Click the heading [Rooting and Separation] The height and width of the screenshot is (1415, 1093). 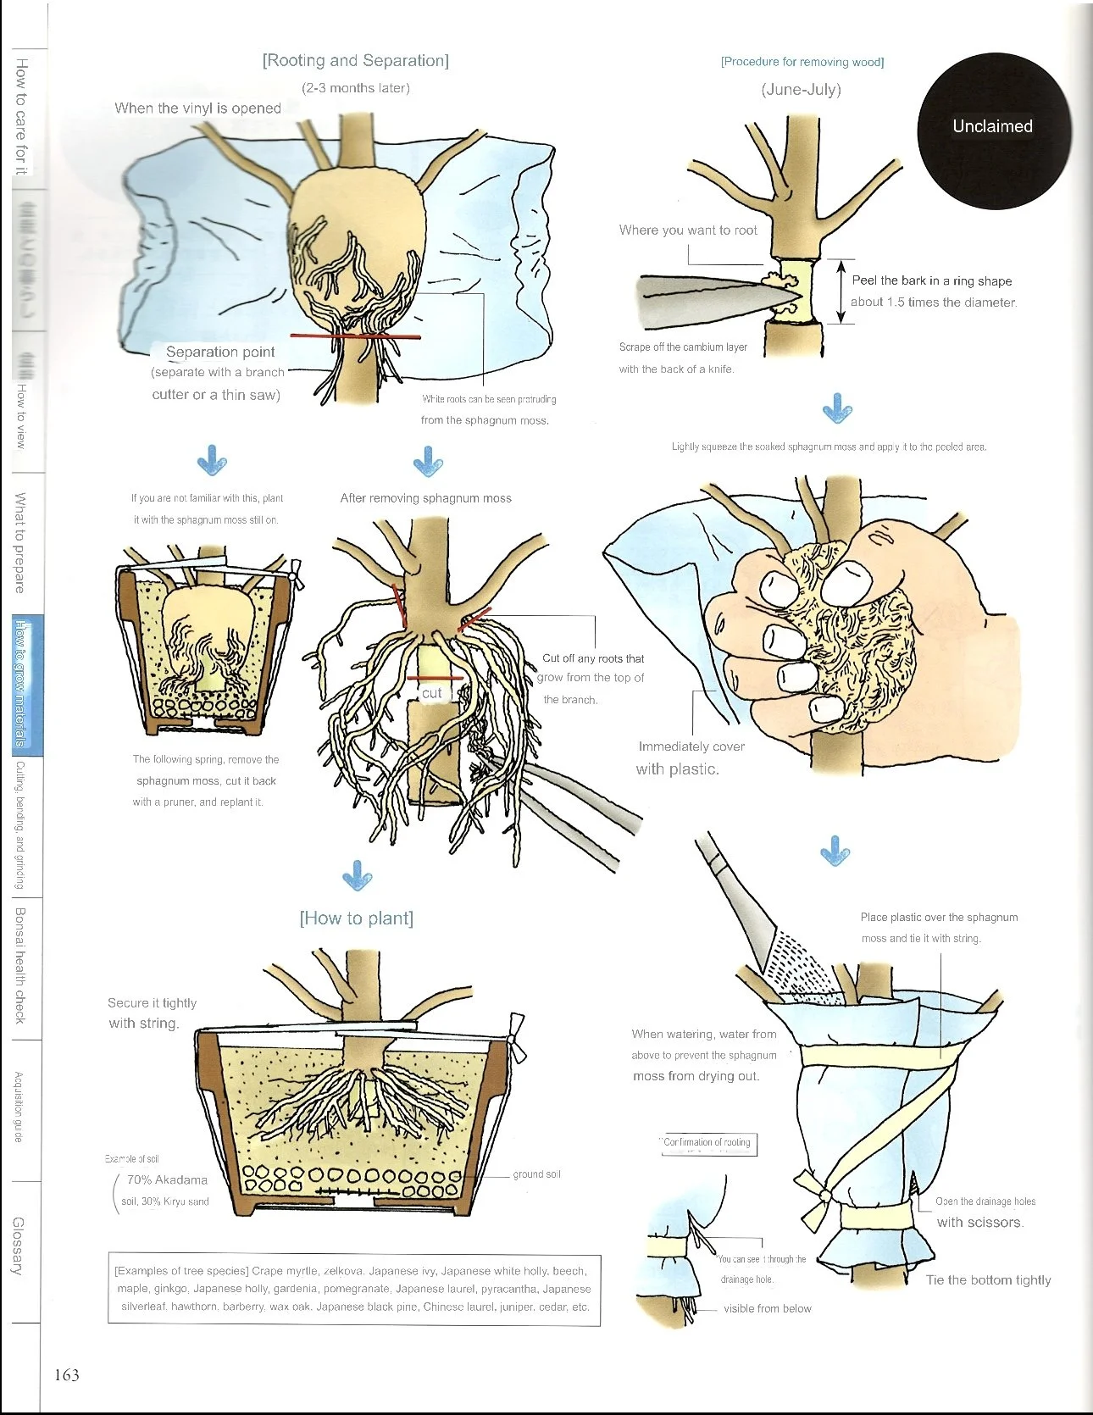point(355,61)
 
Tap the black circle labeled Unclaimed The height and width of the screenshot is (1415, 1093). point(993,127)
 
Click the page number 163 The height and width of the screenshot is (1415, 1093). point(67,1374)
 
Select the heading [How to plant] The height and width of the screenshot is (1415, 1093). point(356,918)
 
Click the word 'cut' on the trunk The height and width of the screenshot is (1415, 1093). point(432,693)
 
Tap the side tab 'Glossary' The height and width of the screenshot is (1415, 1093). point(19,1246)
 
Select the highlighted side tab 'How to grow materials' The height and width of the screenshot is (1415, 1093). point(21,684)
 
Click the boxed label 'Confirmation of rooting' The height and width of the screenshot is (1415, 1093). point(707,1143)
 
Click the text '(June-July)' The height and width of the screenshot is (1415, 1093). point(801,90)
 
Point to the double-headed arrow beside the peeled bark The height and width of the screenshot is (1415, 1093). point(840,291)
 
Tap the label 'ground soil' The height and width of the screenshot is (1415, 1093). point(536,1174)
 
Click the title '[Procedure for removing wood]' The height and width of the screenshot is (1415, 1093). point(802,62)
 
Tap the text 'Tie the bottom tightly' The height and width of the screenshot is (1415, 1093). point(988,1280)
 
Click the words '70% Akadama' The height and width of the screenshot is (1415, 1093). point(167,1179)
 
